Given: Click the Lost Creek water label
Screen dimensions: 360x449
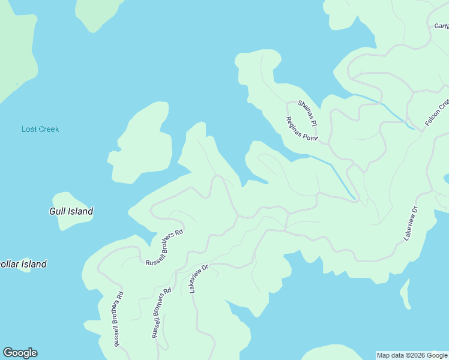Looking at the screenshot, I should coord(40,129).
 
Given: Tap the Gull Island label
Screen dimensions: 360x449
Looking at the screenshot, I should coord(71,211).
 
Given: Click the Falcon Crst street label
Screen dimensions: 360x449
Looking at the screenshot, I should coord(437,112).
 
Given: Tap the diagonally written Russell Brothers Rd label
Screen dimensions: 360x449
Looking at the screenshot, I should coord(164,247).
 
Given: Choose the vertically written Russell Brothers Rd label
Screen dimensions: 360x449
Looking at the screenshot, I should coord(118,319).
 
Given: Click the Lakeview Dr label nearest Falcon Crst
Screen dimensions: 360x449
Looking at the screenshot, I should coord(411,224).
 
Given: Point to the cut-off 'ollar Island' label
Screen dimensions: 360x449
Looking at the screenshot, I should coord(23,264).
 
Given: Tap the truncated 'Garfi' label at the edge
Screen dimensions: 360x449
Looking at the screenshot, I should coord(441,26).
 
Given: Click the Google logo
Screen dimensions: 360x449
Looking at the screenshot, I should coord(20,353).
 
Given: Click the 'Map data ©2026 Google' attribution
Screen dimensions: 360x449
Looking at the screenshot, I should coord(412,355).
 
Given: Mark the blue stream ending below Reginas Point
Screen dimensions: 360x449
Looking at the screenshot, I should coord(336,174).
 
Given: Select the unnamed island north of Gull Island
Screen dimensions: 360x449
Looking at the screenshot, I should coord(139,143).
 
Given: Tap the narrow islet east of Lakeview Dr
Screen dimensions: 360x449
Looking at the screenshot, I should coord(406,293).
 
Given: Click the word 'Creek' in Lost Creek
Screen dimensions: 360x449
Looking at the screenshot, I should coord(49,129).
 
